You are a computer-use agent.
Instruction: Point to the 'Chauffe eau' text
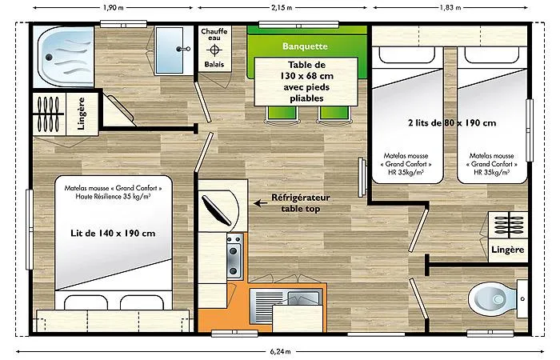[x=213, y=35]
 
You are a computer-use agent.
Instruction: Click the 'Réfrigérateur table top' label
[x=300, y=202]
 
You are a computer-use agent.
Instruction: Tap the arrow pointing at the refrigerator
[x=261, y=203]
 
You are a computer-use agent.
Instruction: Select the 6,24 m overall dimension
[x=281, y=350]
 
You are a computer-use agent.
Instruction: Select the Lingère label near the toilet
[x=508, y=250]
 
